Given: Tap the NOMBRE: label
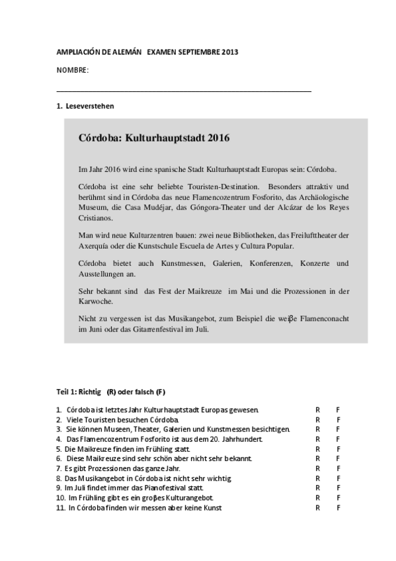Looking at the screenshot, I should coord(73,69).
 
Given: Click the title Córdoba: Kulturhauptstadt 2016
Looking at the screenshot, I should coord(153,139).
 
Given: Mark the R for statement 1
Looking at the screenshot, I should coord(317,410).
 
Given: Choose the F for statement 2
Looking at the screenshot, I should coord(338,419).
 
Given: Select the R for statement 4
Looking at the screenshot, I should coord(317,439).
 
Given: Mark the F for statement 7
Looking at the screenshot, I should coord(338,468).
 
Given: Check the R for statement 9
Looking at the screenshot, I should coord(317,487).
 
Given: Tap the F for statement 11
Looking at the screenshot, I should coord(338,507).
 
